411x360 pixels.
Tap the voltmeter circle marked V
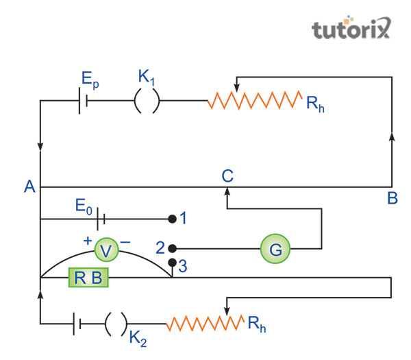[x=105, y=250]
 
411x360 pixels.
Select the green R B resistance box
[x=87, y=278]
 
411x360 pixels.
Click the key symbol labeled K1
[x=146, y=102]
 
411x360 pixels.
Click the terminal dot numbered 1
[x=172, y=219]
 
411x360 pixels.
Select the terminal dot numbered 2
[x=172, y=248]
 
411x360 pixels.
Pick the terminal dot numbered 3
[x=172, y=263]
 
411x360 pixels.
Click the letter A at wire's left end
[x=29, y=186]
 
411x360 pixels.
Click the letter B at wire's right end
[x=392, y=199]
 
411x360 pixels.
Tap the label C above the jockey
[x=227, y=175]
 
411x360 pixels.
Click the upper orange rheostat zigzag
[x=253, y=102]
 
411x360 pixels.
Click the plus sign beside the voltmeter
[x=88, y=241]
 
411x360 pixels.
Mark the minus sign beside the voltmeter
[x=125, y=241]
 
